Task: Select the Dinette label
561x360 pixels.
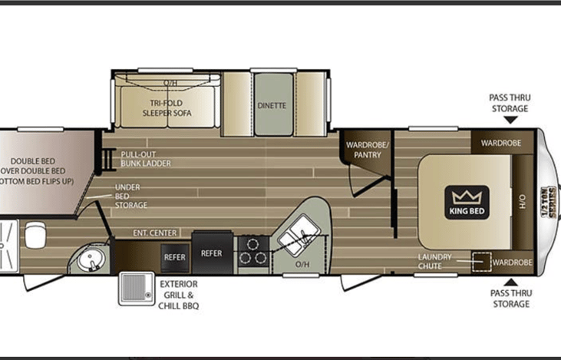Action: (x=272, y=105)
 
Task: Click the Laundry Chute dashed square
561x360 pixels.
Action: (x=480, y=262)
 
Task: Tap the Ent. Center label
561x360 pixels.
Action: (x=156, y=233)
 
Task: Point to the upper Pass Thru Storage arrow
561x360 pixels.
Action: (x=509, y=119)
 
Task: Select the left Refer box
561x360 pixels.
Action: (x=174, y=257)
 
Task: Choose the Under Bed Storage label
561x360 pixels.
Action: (x=130, y=196)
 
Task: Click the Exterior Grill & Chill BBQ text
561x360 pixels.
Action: (x=178, y=294)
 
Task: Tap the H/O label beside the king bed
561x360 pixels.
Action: (x=523, y=201)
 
